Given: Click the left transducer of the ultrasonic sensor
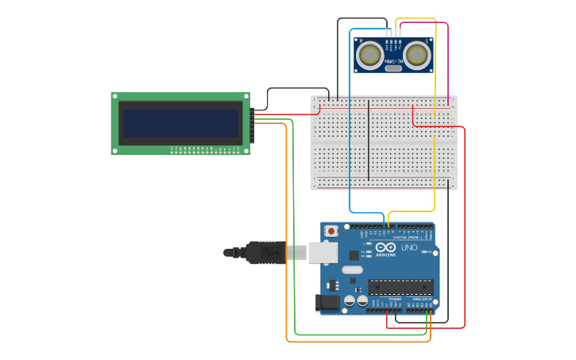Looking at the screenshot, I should click(369, 54).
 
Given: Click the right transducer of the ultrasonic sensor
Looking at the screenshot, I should click(416, 54).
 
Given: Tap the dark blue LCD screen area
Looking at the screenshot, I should click(180, 123).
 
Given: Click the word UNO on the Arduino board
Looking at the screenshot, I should click(409, 248).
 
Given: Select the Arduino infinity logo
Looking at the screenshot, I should click(386, 247).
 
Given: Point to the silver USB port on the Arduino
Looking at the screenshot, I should click(323, 253).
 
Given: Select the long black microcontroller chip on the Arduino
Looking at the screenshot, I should click(400, 287).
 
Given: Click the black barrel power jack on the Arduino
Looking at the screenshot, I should click(327, 302).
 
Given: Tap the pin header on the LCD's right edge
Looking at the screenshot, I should click(253, 125).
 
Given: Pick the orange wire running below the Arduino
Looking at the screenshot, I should click(358, 342).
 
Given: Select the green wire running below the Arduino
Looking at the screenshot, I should click(358, 335).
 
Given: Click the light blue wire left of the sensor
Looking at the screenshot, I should click(350, 119).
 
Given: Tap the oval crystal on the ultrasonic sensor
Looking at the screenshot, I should click(392, 68).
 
